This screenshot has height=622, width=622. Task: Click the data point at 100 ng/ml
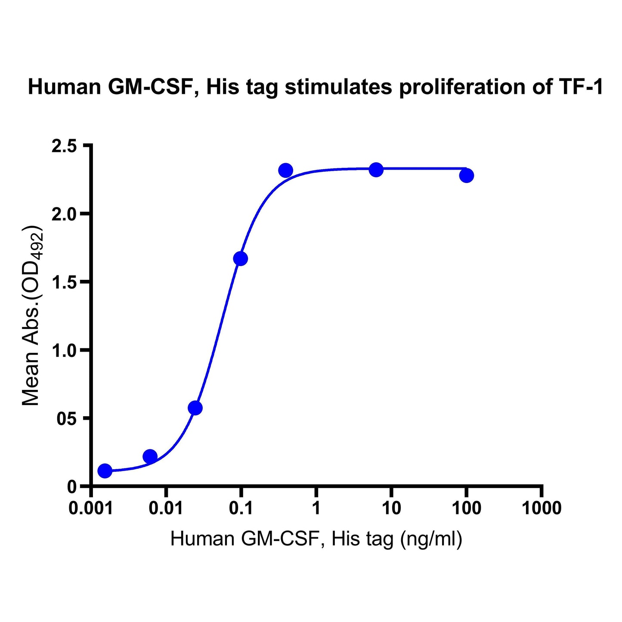pyautogui.click(x=466, y=176)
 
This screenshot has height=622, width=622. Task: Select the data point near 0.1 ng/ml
pyautogui.click(x=240, y=259)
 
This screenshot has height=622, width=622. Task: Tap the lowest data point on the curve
pyautogui.click(x=105, y=471)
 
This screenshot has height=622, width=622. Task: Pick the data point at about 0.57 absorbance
pyautogui.click(x=195, y=408)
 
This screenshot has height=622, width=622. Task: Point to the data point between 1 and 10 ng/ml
pyautogui.click(x=376, y=170)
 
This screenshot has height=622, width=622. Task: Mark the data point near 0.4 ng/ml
pyautogui.click(x=285, y=170)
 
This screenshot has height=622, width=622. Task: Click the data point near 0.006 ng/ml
pyautogui.click(x=150, y=456)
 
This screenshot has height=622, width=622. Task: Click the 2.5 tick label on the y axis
pyautogui.click(x=64, y=146)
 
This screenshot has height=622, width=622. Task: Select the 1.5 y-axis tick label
pyautogui.click(x=64, y=282)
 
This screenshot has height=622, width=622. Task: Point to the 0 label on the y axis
pyautogui.click(x=72, y=487)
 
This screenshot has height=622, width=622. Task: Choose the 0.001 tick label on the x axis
pyautogui.click(x=91, y=508)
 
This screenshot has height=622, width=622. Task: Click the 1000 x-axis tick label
pyautogui.click(x=541, y=508)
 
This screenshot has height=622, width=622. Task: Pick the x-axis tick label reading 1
pyautogui.click(x=316, y=508)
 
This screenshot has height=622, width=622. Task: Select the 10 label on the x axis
pyautogui.click(x=391, y=508)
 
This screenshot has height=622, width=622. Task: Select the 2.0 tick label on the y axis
pyautogui.click(x=64, y=214)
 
